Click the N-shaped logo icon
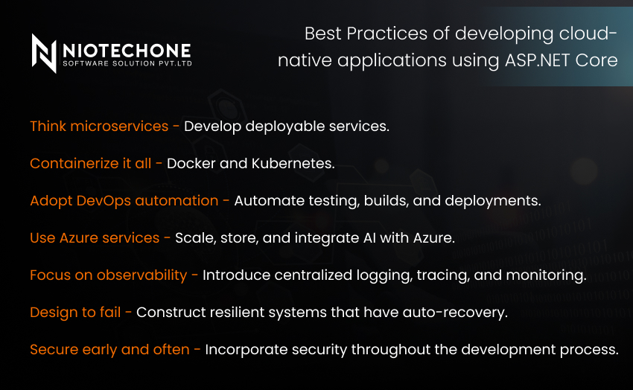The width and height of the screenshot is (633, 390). point(44,54)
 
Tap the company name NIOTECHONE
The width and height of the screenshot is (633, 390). point(127,51)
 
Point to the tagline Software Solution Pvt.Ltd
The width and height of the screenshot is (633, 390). point(127,64)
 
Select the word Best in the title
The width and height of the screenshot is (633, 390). point(323,33)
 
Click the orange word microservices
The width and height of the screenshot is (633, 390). point(119,127)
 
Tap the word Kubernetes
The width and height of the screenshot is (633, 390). point(293,163)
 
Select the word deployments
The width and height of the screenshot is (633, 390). point(492,201)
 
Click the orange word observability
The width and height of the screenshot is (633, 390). point(141,275)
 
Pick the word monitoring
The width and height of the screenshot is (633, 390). point(546,275)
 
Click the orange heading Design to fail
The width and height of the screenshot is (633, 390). point(75,313)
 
